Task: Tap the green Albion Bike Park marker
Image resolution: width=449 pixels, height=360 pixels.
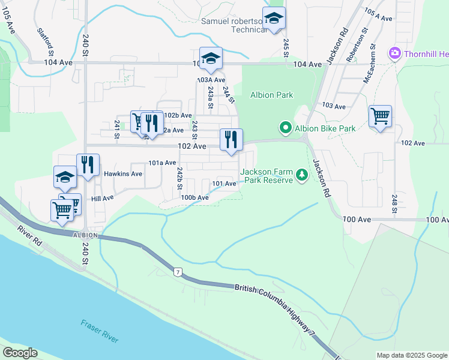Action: tap(285, 128)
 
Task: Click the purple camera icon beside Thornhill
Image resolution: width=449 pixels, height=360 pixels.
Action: tap(394, 54)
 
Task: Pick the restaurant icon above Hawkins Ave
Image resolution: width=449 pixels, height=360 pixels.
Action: tap(88, 165)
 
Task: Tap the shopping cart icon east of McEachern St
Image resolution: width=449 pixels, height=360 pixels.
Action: tap(380, 116)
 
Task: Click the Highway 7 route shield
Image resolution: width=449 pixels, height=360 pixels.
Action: tap(178, 273)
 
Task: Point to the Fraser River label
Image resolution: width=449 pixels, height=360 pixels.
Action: tap(100, 331)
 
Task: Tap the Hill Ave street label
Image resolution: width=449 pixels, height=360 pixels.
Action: tap(102, 198)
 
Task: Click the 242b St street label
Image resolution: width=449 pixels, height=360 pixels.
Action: tap(179, 178)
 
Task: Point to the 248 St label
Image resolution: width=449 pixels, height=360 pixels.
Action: tap(394, 204)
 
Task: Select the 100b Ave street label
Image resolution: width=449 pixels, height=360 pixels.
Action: tap(195, 197)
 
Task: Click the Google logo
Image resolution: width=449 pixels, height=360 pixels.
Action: tap(20, 353)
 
